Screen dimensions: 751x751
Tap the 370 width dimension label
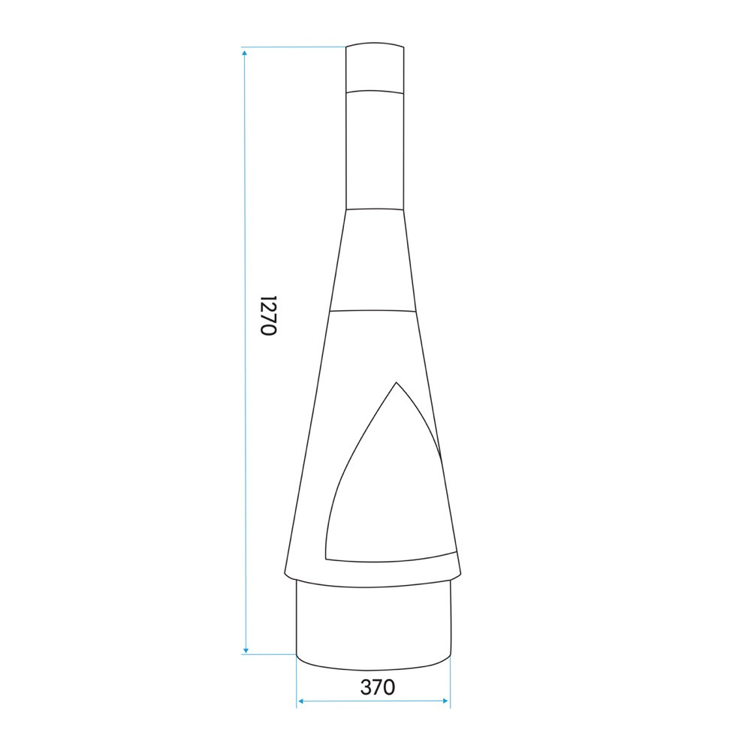(377, 686)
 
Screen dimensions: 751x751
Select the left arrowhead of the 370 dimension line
(300, 701)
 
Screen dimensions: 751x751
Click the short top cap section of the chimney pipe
(375, 68)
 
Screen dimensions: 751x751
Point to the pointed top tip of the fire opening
(395, 383)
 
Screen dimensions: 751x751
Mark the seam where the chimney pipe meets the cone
(375, 208)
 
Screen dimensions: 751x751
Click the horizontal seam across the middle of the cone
(373, 309)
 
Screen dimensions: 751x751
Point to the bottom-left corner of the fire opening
(327, 556)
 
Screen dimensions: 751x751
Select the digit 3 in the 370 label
(366, 686)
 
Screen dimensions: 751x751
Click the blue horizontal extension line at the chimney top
(293, 47)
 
